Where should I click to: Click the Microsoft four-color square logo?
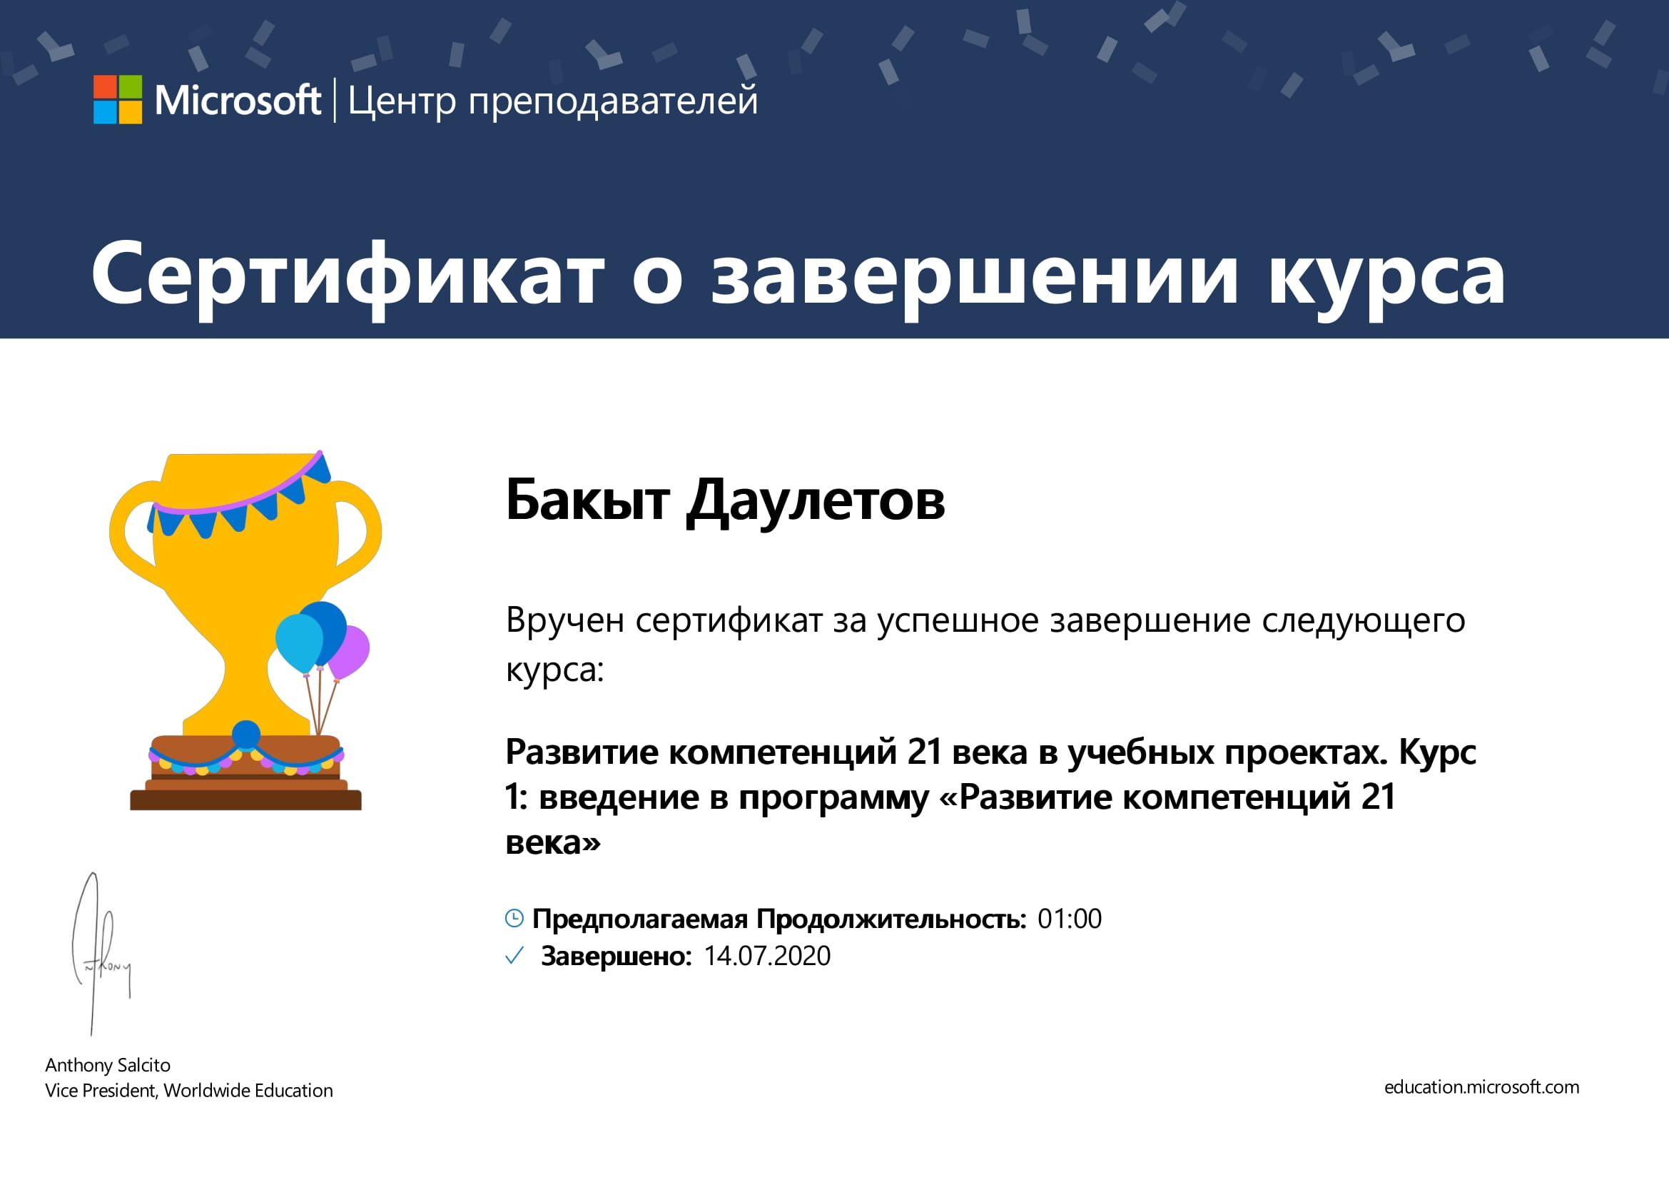click(118, 100)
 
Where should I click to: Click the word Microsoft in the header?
click(238, 101)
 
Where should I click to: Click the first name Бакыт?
click(587, 500)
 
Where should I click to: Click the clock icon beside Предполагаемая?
click(514, 918)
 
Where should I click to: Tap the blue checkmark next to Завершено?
click(514, 955)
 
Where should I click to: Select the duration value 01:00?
click(1070, 919)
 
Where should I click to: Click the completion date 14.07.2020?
click(767, 956)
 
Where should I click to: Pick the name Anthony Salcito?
click(108, 1065)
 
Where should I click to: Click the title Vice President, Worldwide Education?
click(189, 1091)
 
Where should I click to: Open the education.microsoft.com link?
click(1481, 1088)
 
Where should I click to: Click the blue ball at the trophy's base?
click(245, 735)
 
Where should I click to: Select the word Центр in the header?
click(402, 102)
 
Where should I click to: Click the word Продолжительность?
click(891, 919)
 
